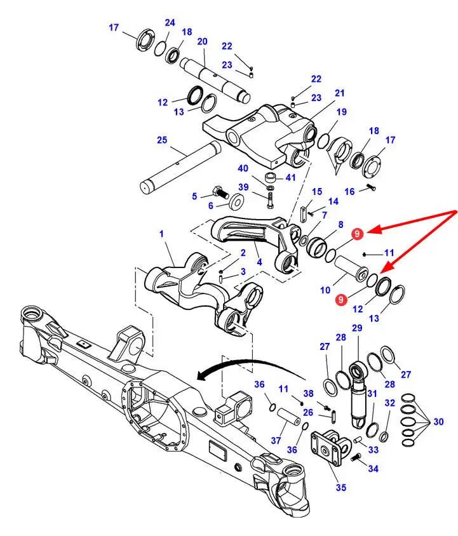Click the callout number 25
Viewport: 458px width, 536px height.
(162, 140)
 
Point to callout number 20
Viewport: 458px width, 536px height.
(202, 42)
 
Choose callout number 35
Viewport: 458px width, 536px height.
(340, 488)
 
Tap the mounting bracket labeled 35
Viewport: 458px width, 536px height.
(329, 450)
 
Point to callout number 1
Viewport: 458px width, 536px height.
(161, 234)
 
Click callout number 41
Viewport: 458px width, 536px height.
(291, 177)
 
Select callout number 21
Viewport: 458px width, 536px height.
(340, 93)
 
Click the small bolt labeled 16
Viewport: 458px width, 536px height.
(372, 187)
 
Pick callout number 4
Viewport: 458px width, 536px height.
(259, 261)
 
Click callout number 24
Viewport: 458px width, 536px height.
(170, 23)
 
